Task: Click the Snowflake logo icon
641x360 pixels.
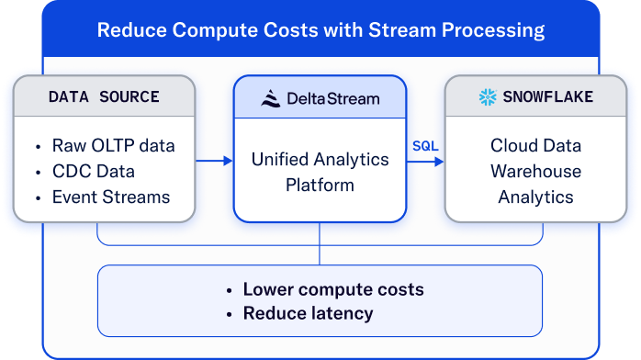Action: (488, 96)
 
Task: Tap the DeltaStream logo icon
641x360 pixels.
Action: (270, 98)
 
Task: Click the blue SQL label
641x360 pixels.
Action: (425, 146)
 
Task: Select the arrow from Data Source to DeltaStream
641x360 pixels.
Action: (214, 161)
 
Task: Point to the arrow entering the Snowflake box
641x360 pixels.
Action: (425, 162)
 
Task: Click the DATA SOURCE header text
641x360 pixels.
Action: (104, 96)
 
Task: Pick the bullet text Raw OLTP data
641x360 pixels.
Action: (113, 145)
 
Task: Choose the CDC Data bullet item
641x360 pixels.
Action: (93, 171)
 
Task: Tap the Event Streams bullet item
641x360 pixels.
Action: (111, 197)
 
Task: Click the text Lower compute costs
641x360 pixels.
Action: (333, 289)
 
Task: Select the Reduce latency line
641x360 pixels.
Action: (308, 313)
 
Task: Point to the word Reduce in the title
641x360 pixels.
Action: (131, 29)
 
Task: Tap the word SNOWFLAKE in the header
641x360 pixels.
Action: (548, 96)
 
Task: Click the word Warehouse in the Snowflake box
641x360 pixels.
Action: (535, 171)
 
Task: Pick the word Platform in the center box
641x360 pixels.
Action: (320, 186)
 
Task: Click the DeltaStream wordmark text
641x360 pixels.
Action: (333, 98)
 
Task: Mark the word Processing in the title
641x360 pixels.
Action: (493, 30)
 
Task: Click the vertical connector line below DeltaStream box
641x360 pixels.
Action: (320, 243)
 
